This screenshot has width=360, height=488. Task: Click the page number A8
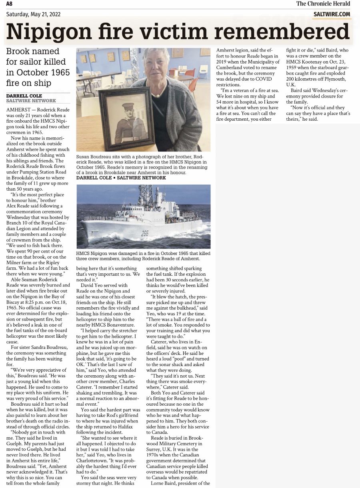[x=9, y=4]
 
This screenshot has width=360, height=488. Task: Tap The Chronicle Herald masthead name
[x=323, y=4]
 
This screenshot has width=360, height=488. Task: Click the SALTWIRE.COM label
[x=332, y=14]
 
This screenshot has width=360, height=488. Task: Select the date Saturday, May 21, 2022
[x=34, y=14]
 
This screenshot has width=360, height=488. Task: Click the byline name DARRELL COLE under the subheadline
[x=24, y=96]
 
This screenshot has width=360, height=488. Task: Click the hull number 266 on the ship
[x=144, y=233]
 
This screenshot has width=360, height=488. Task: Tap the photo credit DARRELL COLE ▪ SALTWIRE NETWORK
[x=121, y=178]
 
